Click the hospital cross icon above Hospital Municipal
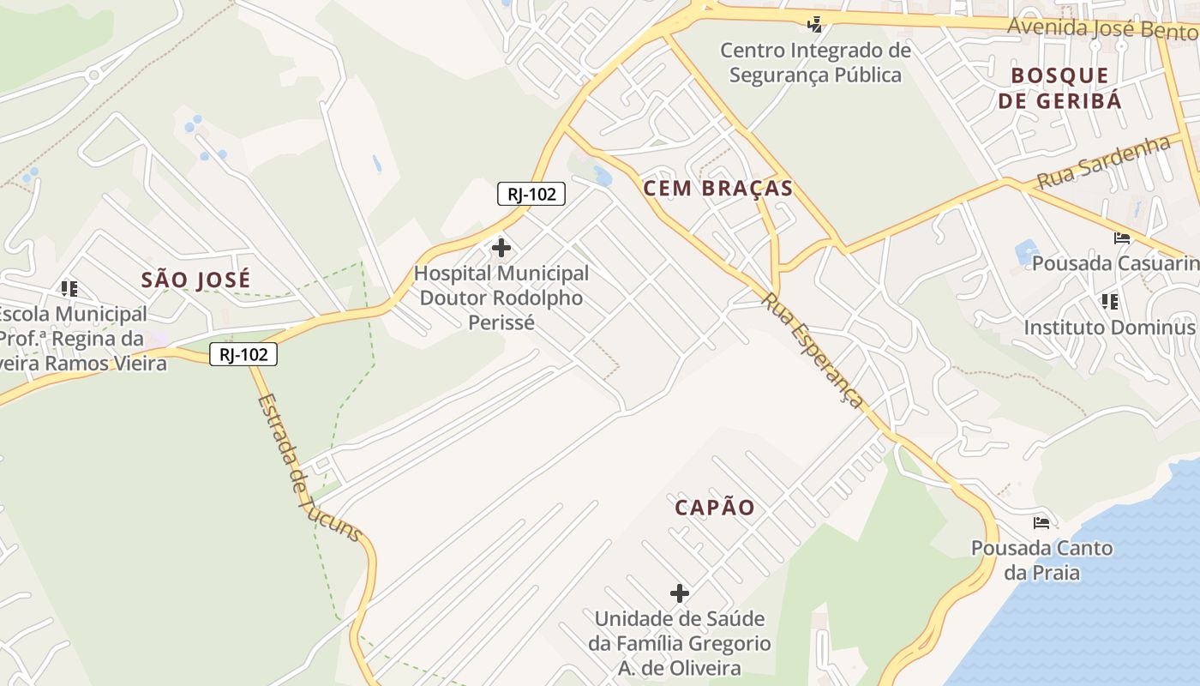501,249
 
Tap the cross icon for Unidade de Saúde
680,593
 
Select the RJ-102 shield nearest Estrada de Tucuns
243,353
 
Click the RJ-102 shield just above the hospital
531,194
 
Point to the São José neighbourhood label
196,280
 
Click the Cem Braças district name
718,189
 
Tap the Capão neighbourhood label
715,508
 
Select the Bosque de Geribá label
1059,87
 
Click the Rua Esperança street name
812,350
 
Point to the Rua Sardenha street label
1104,162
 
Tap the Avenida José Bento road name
1102,29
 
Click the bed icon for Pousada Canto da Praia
1041,522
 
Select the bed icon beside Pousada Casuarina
1122,238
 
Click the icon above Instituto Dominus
1110,301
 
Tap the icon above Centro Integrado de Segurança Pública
815,24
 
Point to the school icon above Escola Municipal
69,289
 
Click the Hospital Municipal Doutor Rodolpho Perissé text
501,298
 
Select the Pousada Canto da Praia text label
1041,560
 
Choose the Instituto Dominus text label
1109,328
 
